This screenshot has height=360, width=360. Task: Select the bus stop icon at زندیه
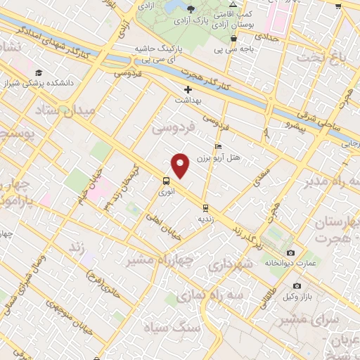point(205,208)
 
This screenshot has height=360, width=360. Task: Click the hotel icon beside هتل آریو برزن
point(217,147)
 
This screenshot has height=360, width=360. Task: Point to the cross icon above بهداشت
point(188,89)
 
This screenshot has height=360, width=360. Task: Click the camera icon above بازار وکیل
point(297,285)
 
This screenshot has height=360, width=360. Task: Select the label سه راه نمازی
point(210,296)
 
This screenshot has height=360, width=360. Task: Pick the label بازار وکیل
point(298,295)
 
